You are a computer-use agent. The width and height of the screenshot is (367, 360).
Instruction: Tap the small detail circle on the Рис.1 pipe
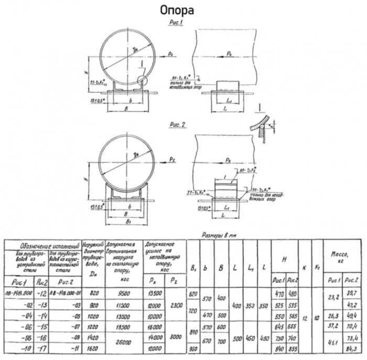142,80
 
